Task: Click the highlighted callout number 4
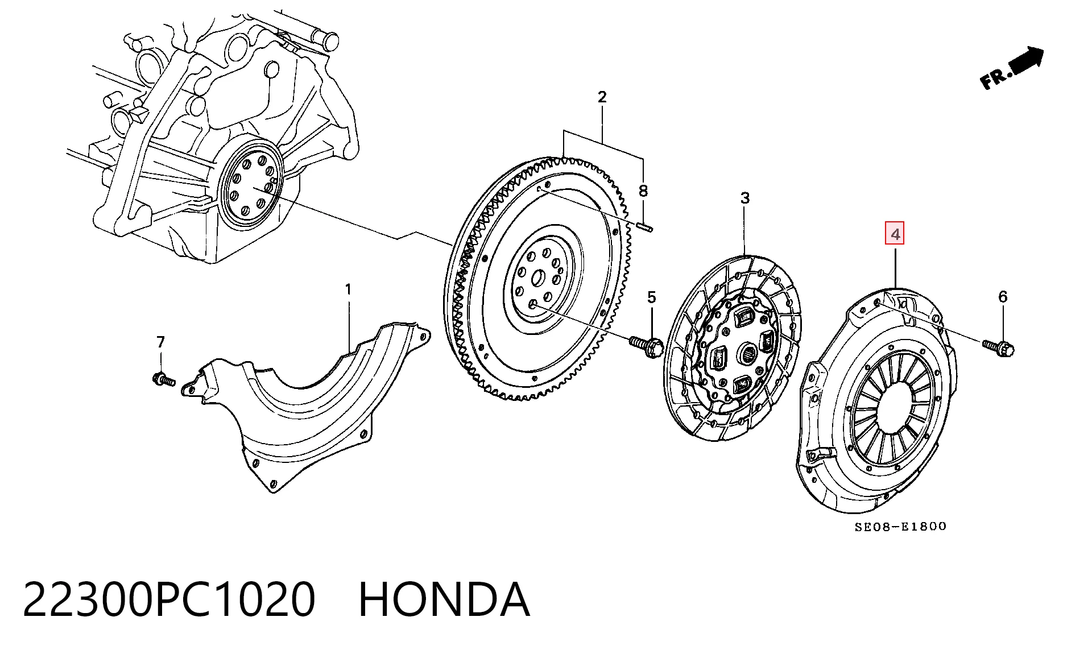point(895,234)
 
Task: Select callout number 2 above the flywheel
point(602,97)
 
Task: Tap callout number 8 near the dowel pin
point(643,191)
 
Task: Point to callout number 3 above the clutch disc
point(744,198)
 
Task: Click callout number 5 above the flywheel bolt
point(651,297)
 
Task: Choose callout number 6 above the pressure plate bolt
point(1003,296)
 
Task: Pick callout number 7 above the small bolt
point(160,342)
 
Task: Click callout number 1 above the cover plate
point(348,290)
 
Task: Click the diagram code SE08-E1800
point(901,527)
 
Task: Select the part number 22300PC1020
point(169,599)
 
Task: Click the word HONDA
point(444,599)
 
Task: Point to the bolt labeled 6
point(999,345)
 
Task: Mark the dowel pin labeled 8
point(645,227)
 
